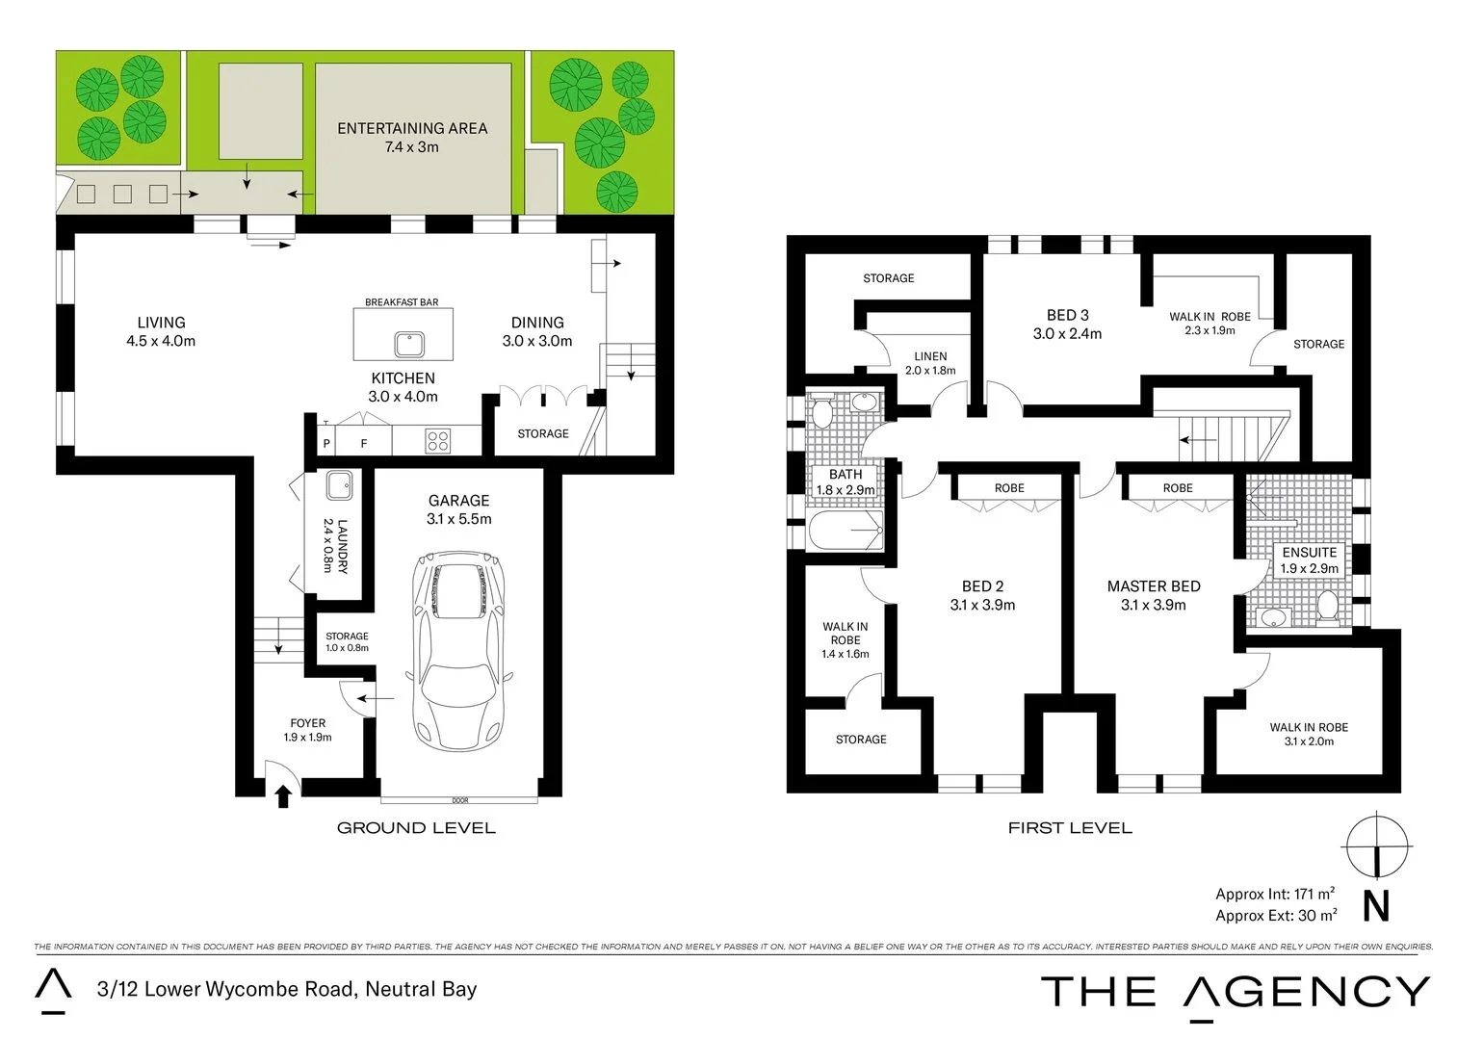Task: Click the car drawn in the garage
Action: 459,651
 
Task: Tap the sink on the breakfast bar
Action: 409,344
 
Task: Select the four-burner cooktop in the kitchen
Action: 438,441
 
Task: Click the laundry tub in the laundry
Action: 339,485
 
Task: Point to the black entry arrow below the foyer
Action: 283,796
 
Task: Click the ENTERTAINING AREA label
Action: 412,128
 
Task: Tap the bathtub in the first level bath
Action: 846,530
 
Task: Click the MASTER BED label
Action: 1153,586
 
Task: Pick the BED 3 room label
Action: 1067,315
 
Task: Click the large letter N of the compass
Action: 1376,907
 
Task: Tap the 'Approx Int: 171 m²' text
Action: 1274,894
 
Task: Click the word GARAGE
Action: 458,501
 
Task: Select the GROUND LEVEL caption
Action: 416,827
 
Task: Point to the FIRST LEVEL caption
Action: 1069,827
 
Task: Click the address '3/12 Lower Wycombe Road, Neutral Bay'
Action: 287,989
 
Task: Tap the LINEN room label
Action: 930,356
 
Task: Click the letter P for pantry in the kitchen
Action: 326,444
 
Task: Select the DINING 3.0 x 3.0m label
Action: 536,331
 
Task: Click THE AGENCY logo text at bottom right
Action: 1236,992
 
